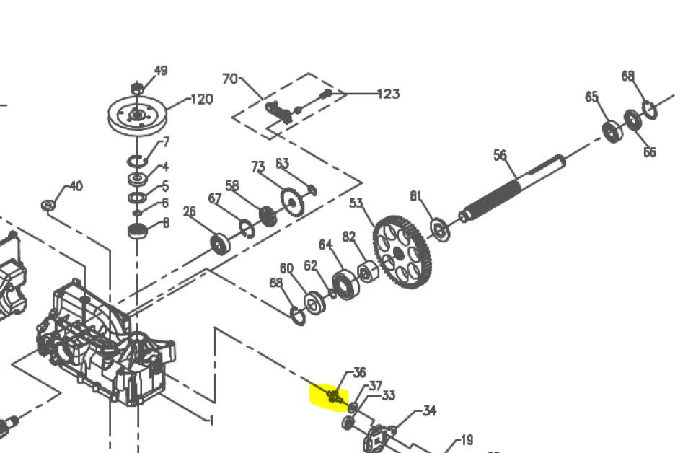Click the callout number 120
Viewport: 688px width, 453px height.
click(202, 100)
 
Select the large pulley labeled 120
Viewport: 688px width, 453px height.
click(137, 116)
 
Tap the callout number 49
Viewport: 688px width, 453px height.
click(161, 71)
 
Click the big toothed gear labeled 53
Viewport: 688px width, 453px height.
click(402, 252)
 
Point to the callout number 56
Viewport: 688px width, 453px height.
click(500, 155)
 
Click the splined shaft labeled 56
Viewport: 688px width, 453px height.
click(512, 189)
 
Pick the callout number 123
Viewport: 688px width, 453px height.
click(388, 94)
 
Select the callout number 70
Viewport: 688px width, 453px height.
click(230, 79)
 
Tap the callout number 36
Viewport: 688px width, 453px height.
click(359, 373)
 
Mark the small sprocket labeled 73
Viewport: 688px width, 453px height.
click(292, 202)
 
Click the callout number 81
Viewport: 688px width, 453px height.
click(416, 195)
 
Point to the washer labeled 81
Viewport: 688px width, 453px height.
click(440, 230)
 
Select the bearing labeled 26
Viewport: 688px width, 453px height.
click(220, 244)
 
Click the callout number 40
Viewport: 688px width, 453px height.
click(76, 187)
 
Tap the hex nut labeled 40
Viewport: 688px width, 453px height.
click(48, 205)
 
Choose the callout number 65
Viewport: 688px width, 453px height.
click(591, 97)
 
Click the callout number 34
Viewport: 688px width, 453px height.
click(430, 411)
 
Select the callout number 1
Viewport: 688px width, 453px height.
click(212, 421)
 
